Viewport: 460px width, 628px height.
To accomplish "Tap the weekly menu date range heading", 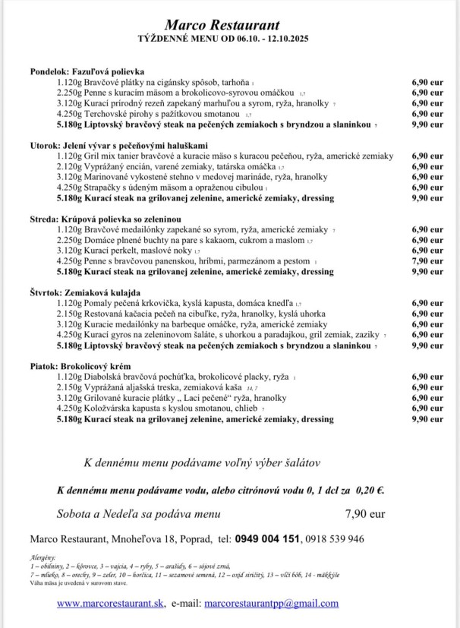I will pyautogui.click(x=229, y=38).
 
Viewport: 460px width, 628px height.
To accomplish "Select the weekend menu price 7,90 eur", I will pyautogui.click(x=365, y=513).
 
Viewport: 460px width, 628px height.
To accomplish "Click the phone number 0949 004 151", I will pyautogui.click(x=267, y=539).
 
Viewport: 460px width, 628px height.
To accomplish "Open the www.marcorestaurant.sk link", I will pyautogui.click(x=111, y=604).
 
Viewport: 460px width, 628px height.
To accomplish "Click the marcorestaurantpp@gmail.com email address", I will pyautogui.click(x=272, y=604).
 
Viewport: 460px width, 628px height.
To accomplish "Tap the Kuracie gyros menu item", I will pyautogui.click(x=220, y=335).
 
